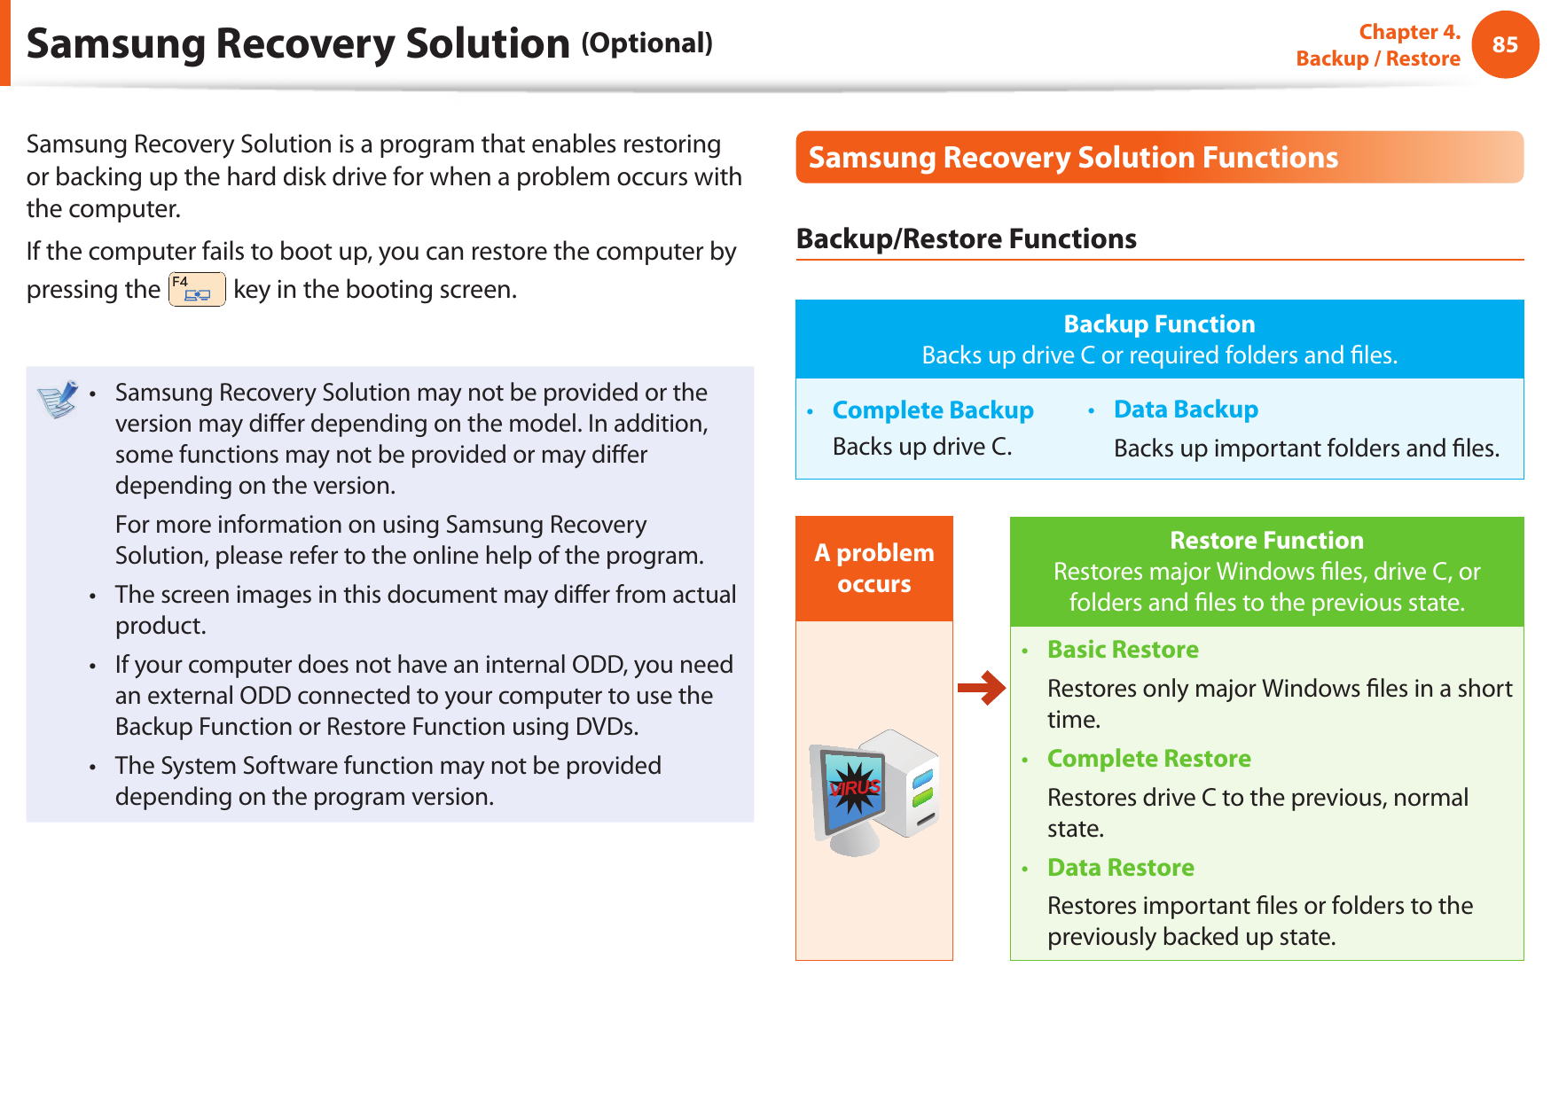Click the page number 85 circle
1505,44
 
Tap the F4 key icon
197,289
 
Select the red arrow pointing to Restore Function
982,688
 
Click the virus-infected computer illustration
873,792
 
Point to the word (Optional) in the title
646,43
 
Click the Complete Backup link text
932,410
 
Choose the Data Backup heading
1186,410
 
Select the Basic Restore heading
1123,650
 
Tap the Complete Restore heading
1148,759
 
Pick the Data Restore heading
1120,868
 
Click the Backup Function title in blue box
1159,324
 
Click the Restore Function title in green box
1266,541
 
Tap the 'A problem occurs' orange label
874,568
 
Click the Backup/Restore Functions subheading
966,239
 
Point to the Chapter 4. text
1409,32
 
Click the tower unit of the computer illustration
913,783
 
